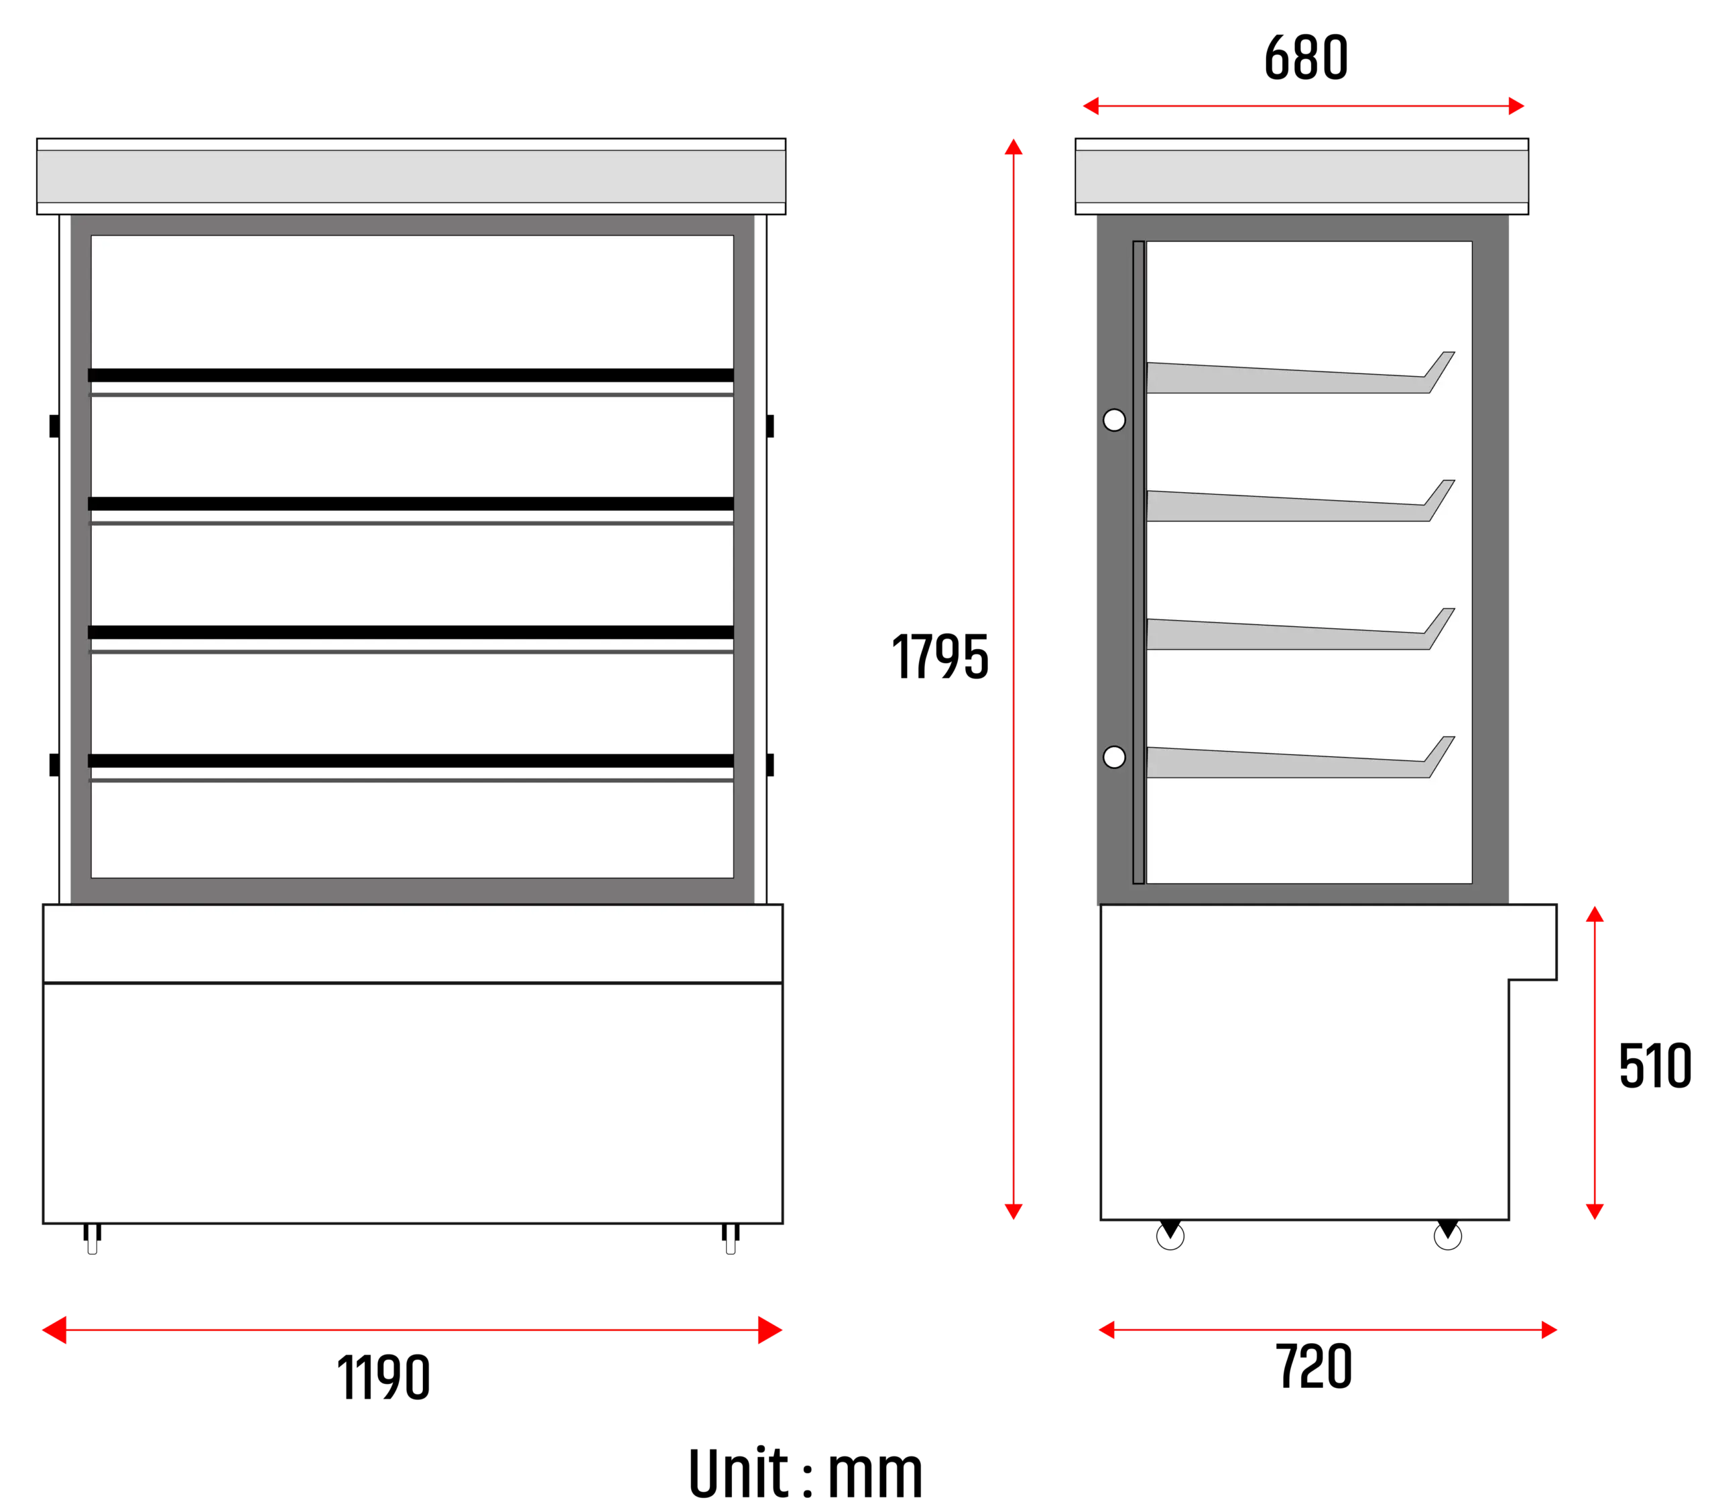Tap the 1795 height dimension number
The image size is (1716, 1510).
coord(940,656)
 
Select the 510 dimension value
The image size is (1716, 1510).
coord(1655,1065)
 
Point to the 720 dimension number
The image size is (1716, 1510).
coord(1314,1366)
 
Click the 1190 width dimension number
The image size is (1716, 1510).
coord(383,1377)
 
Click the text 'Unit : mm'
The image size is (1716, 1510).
coord(806,1473)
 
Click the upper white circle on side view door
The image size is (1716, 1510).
coord(1114,420)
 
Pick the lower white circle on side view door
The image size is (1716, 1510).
coord(1114,758)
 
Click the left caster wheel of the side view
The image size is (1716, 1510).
coord(1170,1234)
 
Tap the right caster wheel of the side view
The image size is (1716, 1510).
coord(1448,1234)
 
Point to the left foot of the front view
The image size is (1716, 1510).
coord(93,1238)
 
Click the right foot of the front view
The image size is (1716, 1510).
coord(731,1238)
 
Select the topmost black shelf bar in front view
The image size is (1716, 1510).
coord(410,375)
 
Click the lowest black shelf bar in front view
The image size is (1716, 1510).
coord(410,761)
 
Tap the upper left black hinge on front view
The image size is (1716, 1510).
coord(54,426)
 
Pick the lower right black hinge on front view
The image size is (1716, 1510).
coord(770,765)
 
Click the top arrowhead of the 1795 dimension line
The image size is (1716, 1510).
coord(1014,146)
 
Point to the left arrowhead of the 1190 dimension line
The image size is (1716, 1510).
coord(54,1330)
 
